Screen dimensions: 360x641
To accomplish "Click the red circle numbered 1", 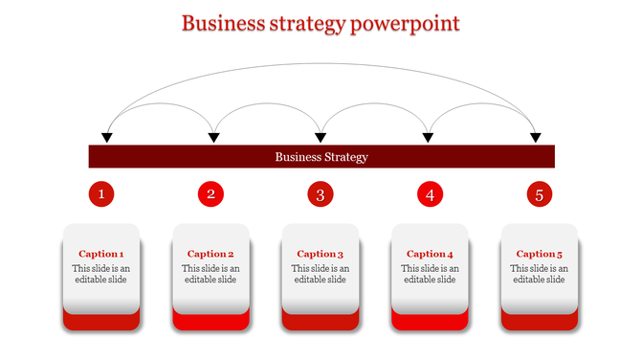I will click(x=101, y=195).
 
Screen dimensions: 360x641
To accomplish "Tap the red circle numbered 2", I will click(x=211, y=195).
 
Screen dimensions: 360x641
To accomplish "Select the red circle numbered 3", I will click(x=320, y=195).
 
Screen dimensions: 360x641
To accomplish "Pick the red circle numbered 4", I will click(x=431, y=195).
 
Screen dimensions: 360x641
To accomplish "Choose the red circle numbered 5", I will click(x=540, y=195).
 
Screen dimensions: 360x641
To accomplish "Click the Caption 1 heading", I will click(x=101, y=254).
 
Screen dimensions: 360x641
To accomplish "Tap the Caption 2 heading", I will click(x=211, y=254).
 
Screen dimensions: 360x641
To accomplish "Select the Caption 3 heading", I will click(x=320, y=254).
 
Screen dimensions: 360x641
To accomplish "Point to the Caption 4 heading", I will click(x=431, y=254).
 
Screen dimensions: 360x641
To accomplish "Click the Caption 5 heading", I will click(x=540, y=254).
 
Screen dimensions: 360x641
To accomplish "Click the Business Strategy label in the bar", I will click(x=321, y=157).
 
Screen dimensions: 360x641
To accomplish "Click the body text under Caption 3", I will click(x=320, y=274).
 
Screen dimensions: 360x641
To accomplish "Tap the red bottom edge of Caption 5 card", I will click(x=541, y=323).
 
